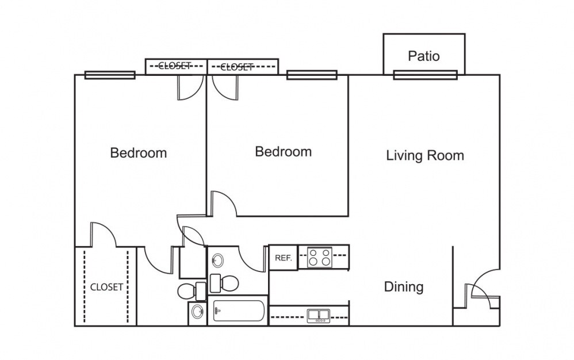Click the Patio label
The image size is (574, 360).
tap(424, 56)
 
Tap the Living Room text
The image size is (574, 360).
tap(424, 155)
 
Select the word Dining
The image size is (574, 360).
tap(404, 286)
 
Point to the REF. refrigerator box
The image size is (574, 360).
tap(283, 258)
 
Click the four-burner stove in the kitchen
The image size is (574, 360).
tap(319, 257)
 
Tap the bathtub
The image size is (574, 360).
tap(238, 312)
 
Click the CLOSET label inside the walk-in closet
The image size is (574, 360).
tap(106, 287)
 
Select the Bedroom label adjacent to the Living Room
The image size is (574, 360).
tap(283, 152)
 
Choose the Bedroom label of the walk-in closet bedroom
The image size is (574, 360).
tap(139, 153)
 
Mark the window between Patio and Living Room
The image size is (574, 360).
tap(425, 75)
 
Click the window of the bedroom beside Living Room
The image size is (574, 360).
tap(312, 75)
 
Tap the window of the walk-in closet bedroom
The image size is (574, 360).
tap(110, 75)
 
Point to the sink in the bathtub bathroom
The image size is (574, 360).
tap(217, 261)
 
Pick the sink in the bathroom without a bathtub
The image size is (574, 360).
tap(197, 313)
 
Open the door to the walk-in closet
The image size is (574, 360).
tap(104, 236)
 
